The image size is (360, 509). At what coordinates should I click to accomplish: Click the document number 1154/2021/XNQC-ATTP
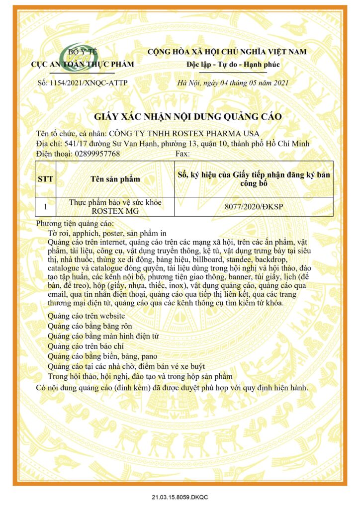(83, 83)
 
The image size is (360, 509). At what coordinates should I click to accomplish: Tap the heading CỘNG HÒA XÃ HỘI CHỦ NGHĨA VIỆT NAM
(227, 52)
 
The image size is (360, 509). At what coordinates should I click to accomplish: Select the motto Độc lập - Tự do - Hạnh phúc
(226, 65)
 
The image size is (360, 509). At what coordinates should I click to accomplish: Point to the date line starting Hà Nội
(233, 83)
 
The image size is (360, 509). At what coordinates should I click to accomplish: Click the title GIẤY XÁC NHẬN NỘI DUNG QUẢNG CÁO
(188, 117)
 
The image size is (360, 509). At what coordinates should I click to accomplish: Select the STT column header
(46, 179)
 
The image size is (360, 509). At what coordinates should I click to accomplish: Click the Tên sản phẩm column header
(115, 179)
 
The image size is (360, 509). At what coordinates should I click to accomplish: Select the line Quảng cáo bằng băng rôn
(90, 326)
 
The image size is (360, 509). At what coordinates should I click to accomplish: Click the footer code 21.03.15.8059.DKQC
(180, 497)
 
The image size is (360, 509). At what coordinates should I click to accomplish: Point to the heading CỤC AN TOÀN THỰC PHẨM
(83, 64)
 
